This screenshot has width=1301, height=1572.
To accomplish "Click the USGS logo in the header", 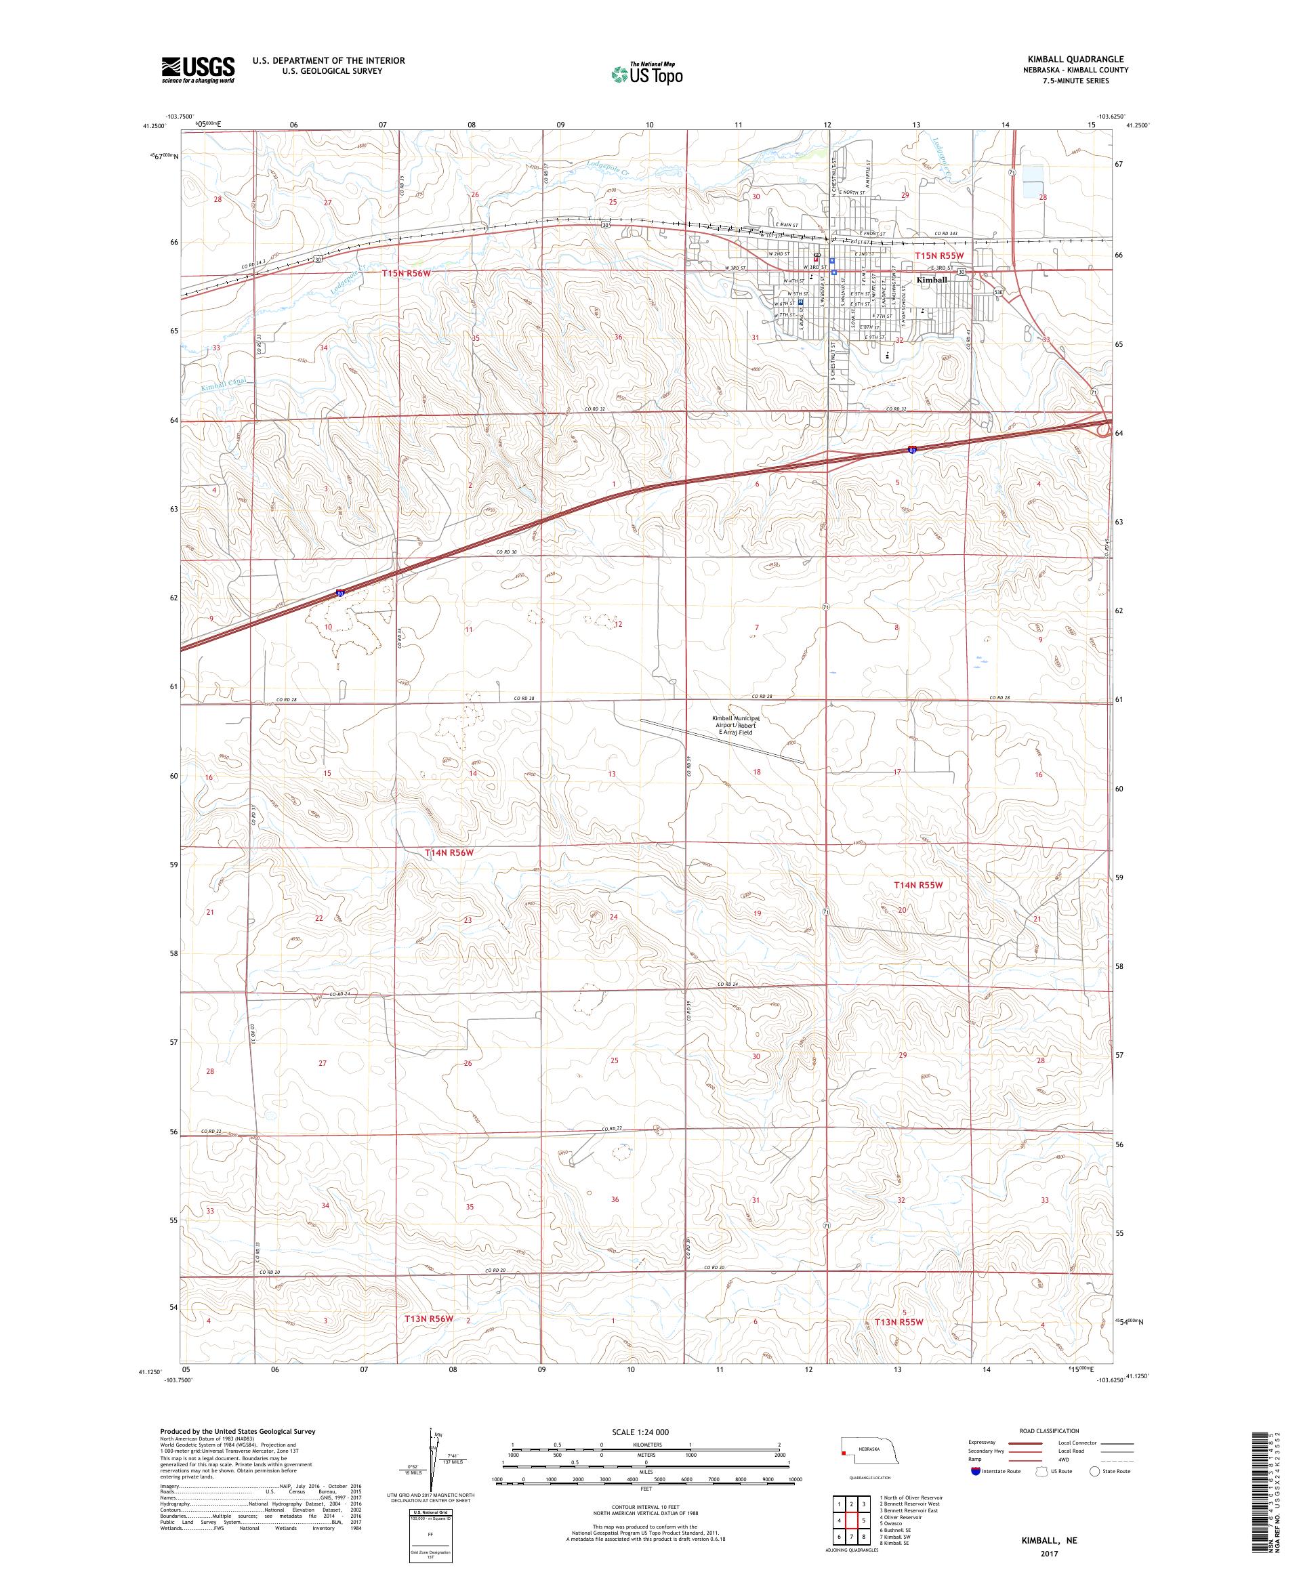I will pyautogui.click(x=199, y=70).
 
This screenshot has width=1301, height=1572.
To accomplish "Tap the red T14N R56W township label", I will pyautogui.click(x=449, y=852).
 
